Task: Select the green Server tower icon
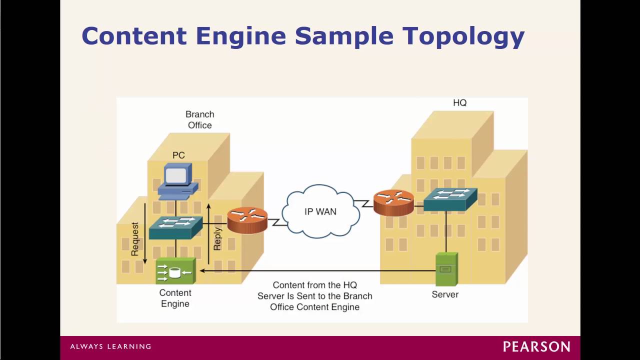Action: [x=446, y=268]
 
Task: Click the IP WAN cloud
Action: [x=320, y=211]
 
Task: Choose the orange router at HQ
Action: [x=393, y=202]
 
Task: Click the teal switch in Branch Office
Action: [x=175, y=227]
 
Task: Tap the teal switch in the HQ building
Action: [x=450, y=199]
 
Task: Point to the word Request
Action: [x=135, y=239]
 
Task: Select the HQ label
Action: [x=459, y=103]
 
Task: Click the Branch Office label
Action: [x=199, y=119]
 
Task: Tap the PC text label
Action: [x=178, y=155]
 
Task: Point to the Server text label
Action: [x=445, y=294]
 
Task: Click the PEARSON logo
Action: [x=536, y=346]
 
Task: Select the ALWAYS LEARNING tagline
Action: [x=110, y=346]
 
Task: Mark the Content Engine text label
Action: [x=175, y=298]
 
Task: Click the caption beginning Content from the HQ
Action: [x=315, y=296]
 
